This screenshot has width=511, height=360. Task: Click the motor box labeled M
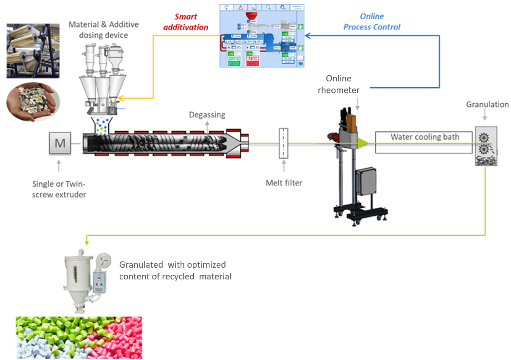(60, 143)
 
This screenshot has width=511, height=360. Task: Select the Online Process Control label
(372, 22)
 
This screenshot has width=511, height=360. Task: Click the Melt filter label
(284, 183)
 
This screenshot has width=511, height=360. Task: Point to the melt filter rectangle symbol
(284, 143)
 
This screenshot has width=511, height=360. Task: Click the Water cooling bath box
(425, 143)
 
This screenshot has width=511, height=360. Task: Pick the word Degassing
(207, 115)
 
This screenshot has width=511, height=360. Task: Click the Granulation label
(487, 104)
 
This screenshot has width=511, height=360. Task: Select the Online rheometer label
(338, 84)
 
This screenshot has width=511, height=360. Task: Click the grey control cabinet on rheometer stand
(366, 184)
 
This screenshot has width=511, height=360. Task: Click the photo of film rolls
(33, 51)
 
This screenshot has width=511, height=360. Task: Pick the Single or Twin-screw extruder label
(59, 189)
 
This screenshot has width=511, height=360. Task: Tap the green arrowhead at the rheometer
(362, 143)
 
